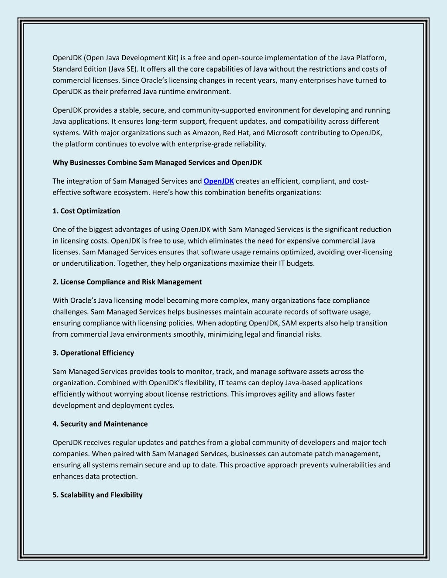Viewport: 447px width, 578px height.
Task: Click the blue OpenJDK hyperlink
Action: tap(219, 181)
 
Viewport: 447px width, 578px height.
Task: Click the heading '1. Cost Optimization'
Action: tap(86, 211)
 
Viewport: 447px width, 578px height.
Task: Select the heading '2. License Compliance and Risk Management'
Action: tap(127, 282)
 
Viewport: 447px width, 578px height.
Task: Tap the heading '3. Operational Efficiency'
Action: tap(93, 352)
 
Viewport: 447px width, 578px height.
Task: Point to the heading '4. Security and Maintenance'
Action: tap(100, 424)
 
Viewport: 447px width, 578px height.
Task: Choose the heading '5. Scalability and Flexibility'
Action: tap(97, 495)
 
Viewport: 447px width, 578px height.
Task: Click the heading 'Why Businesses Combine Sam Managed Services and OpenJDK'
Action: tap(157, 162)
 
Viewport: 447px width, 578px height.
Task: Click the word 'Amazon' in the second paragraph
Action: tap(206, 133)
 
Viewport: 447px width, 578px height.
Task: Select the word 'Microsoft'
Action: tap(282, 133)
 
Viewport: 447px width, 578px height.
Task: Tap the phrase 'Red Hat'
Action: tap(236, 133)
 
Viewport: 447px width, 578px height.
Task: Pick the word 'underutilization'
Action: tap(88, 263)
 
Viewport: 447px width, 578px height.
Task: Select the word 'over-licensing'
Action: tap(369, 252)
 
